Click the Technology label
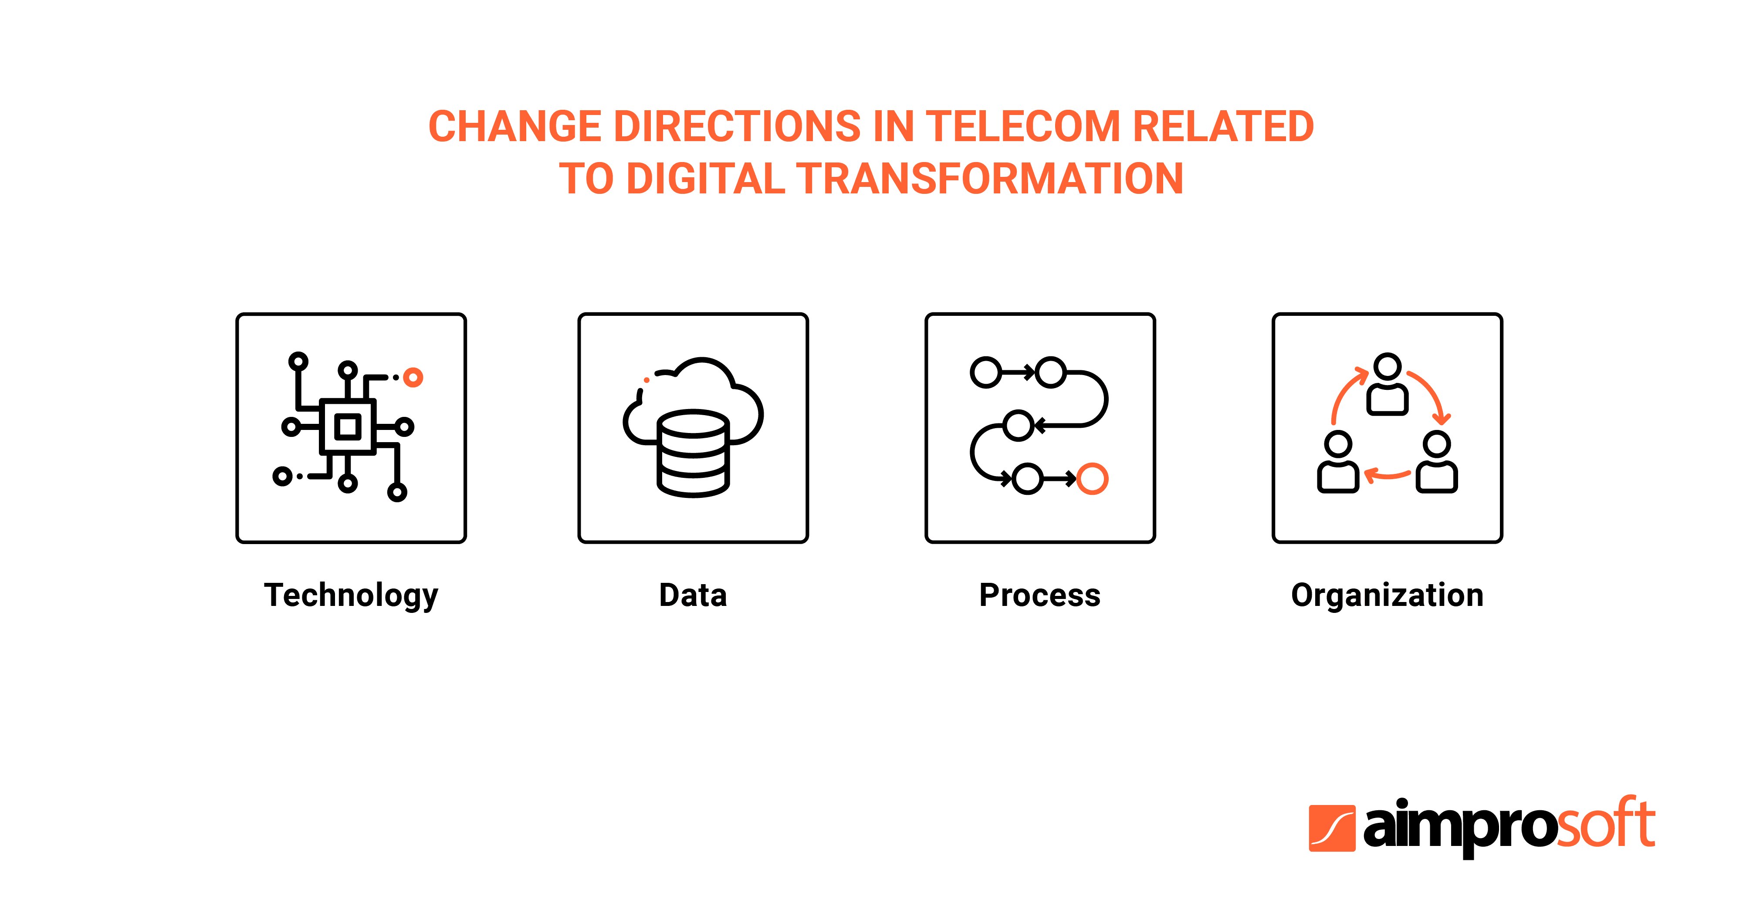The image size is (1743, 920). [x=351, y=596]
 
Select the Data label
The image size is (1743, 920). [x=693, y=595]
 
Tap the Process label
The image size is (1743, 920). [x=1040, y=595]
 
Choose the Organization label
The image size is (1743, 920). [x=1387, y=596]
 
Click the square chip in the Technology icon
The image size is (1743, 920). [x=348, y=427]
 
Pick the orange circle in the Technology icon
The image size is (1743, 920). [x=413, y=378]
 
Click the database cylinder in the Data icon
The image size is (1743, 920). [x=693, y=453]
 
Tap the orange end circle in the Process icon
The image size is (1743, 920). [x=1092, y=479]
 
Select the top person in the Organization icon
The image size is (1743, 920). [x=1387, y=384]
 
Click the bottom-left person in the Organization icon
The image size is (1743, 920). [x=1338, y=462]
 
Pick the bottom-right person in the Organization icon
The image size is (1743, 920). [x=1436, y=462]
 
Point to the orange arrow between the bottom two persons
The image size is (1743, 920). [x=1387, y=476]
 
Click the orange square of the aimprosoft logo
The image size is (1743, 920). [x=1332, y=828]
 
